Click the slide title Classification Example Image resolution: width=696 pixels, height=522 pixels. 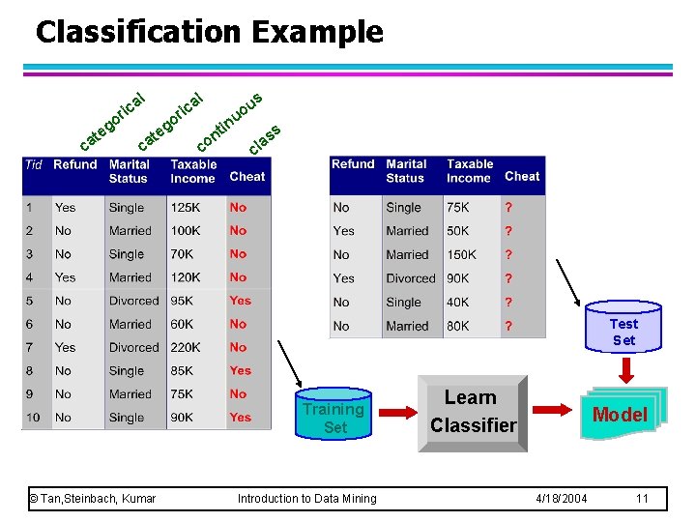pos(209,32)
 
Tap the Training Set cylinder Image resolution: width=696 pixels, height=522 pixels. pos(334,418)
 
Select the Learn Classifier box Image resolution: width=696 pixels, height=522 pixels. pos(473,412)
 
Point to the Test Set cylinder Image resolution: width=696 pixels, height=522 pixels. pos(623,332)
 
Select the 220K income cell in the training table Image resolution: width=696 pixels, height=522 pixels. pos(187,347)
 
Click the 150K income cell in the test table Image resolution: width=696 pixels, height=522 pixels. pos(461,254)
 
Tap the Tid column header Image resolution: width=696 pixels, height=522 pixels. pos(34,165)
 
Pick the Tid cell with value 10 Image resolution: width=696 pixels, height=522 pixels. pos(34,418)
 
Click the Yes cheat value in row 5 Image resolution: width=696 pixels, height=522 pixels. pos(240,301)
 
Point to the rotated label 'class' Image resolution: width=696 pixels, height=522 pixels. pos(265,139)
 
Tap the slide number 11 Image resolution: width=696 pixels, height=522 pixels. pos(642,499)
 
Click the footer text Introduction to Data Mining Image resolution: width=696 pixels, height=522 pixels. pos(307,499)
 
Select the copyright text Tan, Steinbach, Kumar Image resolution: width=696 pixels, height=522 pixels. pos(93,499)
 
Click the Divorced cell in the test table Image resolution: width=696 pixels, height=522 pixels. pos(411,278)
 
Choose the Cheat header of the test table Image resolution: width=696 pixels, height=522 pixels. pos(522,176)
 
